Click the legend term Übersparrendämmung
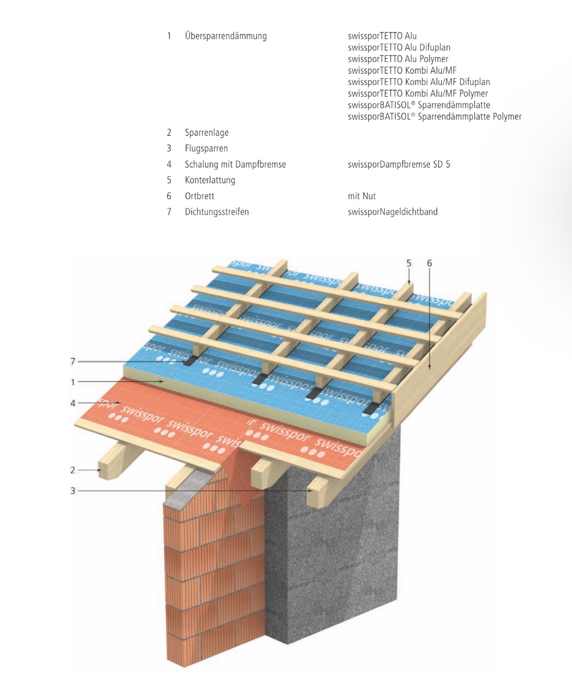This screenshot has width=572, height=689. [226, 36]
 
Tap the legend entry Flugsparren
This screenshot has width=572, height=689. [206, 148]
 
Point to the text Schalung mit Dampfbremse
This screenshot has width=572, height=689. [235, 164]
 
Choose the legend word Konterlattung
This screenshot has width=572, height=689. [210, 180]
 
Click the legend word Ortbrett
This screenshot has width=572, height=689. [199, 196]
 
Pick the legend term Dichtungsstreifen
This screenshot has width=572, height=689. [217, 212]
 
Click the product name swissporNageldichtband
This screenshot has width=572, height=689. [393, 212]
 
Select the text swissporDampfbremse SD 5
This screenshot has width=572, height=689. [399, 164]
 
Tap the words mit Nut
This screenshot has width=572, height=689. [361, 196]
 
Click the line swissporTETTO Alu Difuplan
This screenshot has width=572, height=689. [399, 48]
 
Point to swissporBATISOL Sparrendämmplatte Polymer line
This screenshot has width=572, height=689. [435, 116]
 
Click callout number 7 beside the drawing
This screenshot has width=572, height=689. [73, 362]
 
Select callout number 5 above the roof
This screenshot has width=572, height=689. [409, 263]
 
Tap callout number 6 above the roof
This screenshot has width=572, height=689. [429, 263]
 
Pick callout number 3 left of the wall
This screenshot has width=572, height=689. [73, 491]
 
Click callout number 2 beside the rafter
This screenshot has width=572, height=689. [73, 470]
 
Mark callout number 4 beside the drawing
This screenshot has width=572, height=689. [73, 403]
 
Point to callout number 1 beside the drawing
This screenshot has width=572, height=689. [73, 383]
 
